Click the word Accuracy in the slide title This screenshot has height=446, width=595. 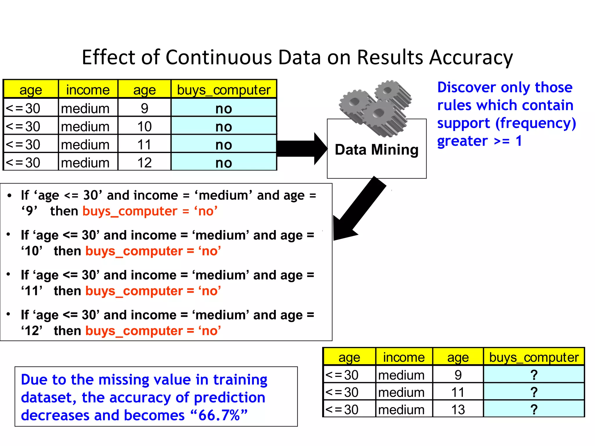(471, 57)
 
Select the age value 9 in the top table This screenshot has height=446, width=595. (144, 108)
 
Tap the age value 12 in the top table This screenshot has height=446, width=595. (144, 163)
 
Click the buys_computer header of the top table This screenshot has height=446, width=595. (224, 90)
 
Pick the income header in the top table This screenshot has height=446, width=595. (88, 90)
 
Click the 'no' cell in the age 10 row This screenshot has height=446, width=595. (224, 127)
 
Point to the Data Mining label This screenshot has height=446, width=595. (377, 150)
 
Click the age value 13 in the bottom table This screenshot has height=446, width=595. (458, 410)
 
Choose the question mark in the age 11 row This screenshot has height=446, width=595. (534, 392)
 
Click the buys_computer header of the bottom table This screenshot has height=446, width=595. (534, 357)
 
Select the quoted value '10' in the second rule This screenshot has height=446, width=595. (31, 251)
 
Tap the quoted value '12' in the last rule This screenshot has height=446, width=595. (31, 331)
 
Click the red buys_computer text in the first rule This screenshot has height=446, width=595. (130, 211)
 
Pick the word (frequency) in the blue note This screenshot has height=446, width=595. (535, 123)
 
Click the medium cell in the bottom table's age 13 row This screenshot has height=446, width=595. (401, 410)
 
